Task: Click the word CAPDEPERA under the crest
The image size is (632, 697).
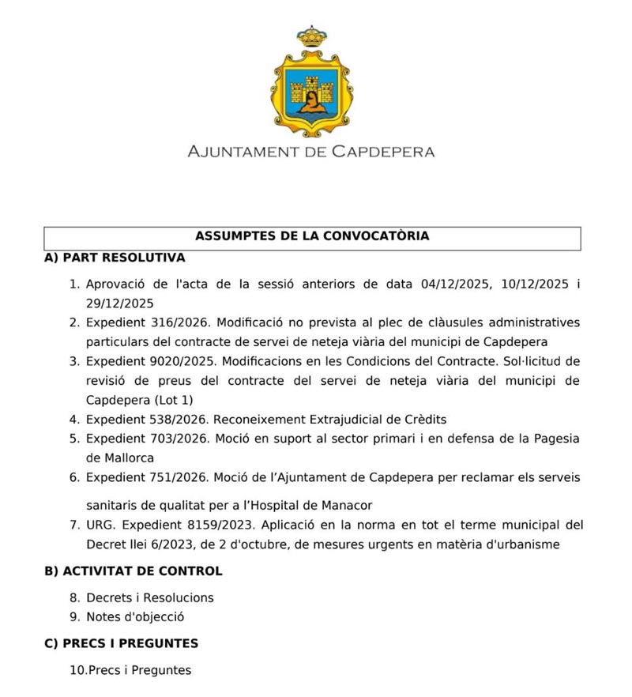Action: point(380,151)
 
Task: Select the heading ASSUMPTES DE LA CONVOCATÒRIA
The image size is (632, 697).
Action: point(312,236)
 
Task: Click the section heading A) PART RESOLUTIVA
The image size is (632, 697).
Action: point(115,258)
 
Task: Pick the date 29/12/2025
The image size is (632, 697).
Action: point(119,303)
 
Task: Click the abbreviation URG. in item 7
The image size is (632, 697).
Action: point(100,525)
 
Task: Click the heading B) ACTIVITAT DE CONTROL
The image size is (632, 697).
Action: point(133,571)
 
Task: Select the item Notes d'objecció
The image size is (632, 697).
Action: point(135,617)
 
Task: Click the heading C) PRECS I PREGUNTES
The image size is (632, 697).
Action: point(121,643)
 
